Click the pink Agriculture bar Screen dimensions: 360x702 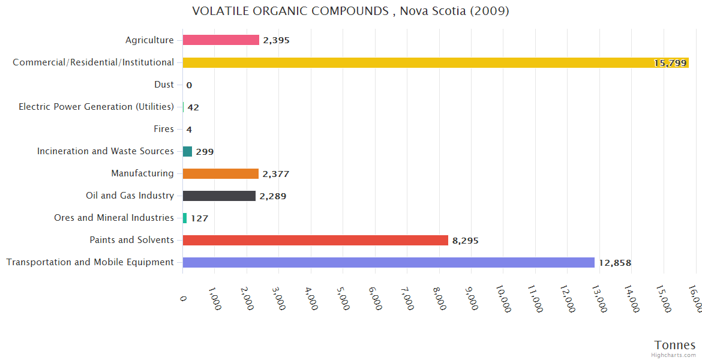tap(221, 40)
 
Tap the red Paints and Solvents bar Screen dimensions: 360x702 tap(316, 240)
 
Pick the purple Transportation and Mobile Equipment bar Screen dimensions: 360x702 tap(388, 262)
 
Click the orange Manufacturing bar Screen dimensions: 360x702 tap(220, 173)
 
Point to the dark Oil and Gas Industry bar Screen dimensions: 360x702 tap(219, 196)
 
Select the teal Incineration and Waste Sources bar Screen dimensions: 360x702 tap(187, 151)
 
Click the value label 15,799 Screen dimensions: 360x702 tap(670, 63)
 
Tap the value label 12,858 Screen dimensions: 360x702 tap(614, 263)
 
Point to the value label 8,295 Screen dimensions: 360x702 tap(466, 241)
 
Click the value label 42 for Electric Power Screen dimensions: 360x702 tap(193, 107)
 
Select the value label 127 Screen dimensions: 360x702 tap(199, 218)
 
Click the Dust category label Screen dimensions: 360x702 tap(164, 85)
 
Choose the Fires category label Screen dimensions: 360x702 tap(164, 129)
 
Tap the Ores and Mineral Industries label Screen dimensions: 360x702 tap(114, 218)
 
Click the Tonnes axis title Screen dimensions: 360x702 tap(674, 345)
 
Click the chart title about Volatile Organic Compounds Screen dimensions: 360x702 tap(350, 11)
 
